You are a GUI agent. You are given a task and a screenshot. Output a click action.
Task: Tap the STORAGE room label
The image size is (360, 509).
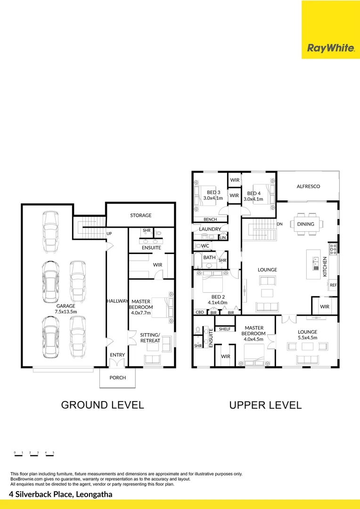pyautogui.click(x=141, y=215)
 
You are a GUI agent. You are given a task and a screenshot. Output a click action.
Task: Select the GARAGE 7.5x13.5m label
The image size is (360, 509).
pyautogui.click(x=66, y=309)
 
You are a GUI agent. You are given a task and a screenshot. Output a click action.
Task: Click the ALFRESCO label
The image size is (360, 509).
pyautogui.click(x=308, y=186)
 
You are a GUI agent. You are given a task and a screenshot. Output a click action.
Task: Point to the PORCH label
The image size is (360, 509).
pyautogui.click(x=117, y=378)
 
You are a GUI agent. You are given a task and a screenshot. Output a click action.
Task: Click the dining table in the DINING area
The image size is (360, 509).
pyautogui.click(x=307, y=224)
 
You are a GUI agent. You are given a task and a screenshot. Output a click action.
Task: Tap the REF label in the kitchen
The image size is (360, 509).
pyautogui.click(x=334, y=285)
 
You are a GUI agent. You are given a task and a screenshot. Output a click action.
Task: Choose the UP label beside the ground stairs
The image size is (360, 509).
pyautogui.click(x=109, y=233)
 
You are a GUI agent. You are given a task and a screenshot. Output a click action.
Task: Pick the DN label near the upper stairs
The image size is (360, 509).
pyautogui.click(x=279, y=224)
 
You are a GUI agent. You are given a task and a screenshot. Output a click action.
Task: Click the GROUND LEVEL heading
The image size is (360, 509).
pyautogui.click(x=103, y=405)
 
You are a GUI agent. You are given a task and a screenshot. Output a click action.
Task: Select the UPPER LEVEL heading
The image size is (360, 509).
pyautogui.click(x=266, y=405)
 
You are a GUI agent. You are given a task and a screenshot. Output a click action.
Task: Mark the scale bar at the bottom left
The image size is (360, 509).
pyautogui.click(x=34, y=454)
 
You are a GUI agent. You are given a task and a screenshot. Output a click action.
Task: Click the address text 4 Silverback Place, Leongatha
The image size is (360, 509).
pyautogui.click(x=61, y=494)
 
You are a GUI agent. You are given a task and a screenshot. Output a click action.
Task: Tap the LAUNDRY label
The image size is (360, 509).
pyautogui.click(x=210, y=229)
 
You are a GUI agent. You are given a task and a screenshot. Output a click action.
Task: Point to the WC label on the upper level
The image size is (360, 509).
pyautogui.click(x=205, y=246)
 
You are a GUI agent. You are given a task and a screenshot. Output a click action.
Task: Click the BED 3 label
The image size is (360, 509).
pyautogui.click(x=213, y=192)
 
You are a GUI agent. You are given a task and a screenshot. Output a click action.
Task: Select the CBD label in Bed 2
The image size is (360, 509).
pyautogui.click(x=200, y=312)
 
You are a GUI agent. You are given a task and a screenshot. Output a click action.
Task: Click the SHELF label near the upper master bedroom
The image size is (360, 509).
pyautogui.click(x=225, y=329)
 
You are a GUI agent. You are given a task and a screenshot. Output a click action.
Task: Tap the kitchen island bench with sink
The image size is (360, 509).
pyautogui.click(x=314, y=264)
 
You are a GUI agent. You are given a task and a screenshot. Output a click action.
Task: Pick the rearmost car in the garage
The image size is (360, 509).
pyautogui.click(x=50, y=232)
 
